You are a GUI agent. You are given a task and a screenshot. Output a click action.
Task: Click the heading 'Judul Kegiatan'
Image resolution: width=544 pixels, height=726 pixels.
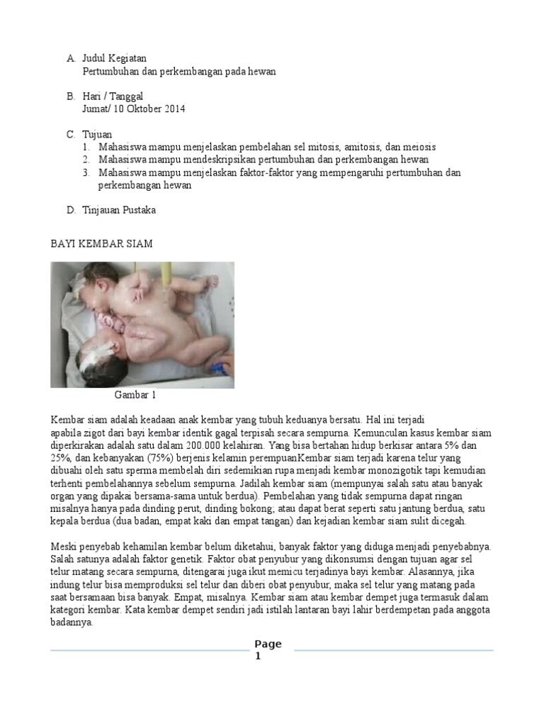coord(114,58)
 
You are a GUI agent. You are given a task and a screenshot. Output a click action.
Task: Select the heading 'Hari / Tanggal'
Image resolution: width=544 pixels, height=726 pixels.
coord(113,96)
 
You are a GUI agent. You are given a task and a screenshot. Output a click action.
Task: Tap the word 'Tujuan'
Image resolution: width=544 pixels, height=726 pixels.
coord(97,134)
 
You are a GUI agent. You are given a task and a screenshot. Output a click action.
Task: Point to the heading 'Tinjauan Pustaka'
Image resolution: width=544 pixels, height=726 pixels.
coord(119,210)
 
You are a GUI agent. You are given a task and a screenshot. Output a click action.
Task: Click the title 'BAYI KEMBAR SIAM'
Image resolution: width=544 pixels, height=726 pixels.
coord(101,243)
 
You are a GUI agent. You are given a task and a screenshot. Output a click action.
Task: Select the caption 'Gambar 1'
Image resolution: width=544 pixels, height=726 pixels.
coord(135,396)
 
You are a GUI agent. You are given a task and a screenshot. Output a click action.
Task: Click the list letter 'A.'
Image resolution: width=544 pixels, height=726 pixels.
coord(71,58)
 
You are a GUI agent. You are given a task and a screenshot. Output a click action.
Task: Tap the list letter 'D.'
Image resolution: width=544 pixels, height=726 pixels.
coord(71,210)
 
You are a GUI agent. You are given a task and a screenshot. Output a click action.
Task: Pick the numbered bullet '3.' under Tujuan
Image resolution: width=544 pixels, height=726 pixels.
coord(86,172)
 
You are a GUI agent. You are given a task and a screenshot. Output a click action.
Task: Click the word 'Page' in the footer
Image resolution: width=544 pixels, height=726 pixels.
coord(268,644)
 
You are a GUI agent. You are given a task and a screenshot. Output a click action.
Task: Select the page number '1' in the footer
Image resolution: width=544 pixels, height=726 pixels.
coord(259,657)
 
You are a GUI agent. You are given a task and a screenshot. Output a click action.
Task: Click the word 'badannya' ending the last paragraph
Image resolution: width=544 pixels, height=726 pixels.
coord(72,623)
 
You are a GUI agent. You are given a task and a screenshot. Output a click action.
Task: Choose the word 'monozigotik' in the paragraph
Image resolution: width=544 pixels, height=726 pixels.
coord(386,471)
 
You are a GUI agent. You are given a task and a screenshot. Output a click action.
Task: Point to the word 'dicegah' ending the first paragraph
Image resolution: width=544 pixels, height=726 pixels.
coord(448,522)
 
